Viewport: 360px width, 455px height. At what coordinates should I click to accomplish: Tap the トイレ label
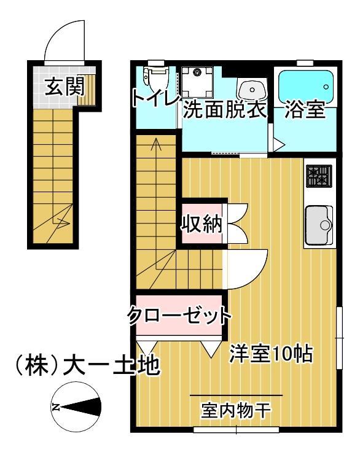(x=155, y=98)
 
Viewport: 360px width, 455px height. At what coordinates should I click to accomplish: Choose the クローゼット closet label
(x=179, y=316)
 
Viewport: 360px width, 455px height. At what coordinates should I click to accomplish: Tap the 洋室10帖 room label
(x=272, y=354)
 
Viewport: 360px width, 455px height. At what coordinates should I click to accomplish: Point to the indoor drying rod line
(x=236, y=395)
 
